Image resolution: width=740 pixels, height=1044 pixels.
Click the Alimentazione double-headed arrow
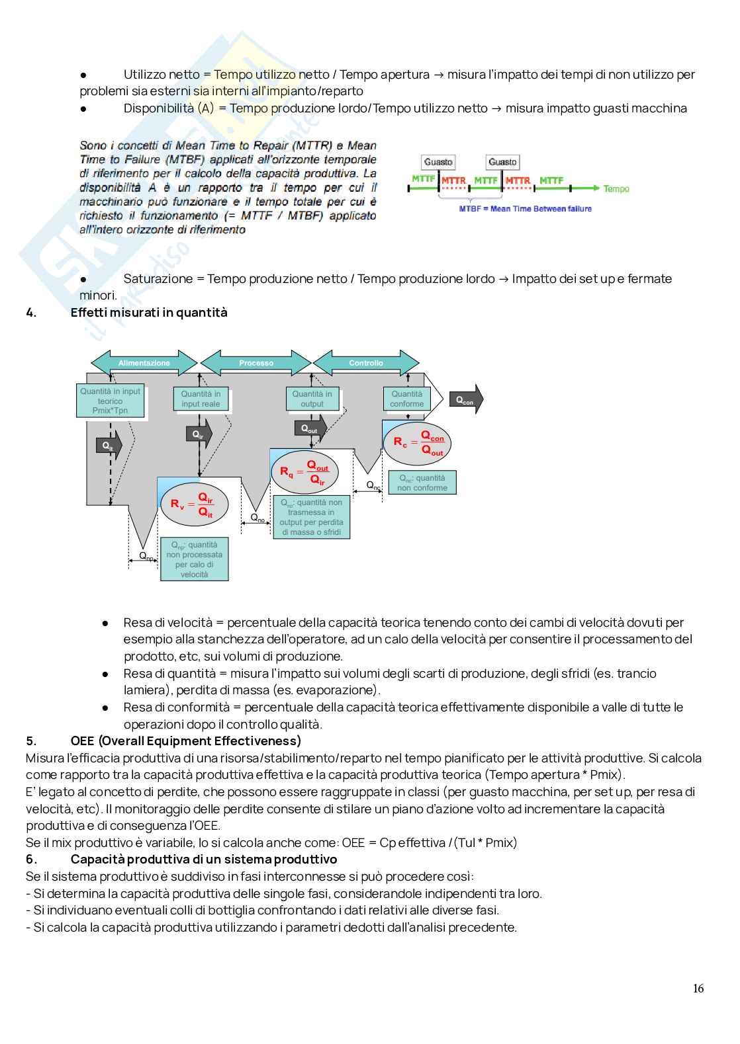click(x=144, y=363)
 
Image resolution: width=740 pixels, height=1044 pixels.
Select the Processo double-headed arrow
click(x=256, y=363)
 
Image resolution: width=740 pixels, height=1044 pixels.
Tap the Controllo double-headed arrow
click(x=366, y=363)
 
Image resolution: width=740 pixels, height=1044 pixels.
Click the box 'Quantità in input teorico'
click(x=110, y=401)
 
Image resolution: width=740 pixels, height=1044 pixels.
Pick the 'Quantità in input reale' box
click(x=201, y=399)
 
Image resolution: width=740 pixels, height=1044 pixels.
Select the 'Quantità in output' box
click(x=312, y=399)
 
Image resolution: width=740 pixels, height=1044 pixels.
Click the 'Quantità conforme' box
click(x=406, y=399)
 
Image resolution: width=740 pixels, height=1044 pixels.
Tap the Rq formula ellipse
click(x=304, y=472)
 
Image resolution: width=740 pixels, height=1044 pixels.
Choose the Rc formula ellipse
click(x=417, y=443)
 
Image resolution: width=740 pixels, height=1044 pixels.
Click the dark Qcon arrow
click(x=466, y=400)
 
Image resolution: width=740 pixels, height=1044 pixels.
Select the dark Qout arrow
click(x=310, y=429)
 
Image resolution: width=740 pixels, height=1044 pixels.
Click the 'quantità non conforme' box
click(x=422, y=483)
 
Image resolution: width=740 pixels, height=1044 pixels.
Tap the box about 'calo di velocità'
click(x=194, y=559)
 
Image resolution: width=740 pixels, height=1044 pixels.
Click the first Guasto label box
click(x=438, y=162)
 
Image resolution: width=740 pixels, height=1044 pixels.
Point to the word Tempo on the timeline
click(x=616, y=189)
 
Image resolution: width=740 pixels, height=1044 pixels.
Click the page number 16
click(x=698, y=988)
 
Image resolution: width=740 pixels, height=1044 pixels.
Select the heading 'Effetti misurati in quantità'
click(x=149, y=313)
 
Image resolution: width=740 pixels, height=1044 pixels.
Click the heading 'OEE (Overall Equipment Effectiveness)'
click(x=185, y=741)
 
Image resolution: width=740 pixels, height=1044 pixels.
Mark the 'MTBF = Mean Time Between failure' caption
click(x=525, y=209)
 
